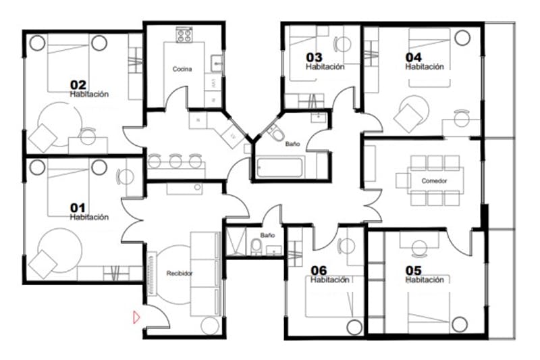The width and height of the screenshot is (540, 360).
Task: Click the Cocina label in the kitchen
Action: point(182,70)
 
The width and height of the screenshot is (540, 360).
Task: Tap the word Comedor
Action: point(433,181)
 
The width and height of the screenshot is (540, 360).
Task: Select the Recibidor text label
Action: point(180,273)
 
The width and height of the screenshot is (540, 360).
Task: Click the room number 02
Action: point(78,85)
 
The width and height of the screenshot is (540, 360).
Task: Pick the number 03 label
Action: point(314,57)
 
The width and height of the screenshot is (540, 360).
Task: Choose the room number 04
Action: point(413,57)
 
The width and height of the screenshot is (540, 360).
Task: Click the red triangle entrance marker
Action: point(136,315)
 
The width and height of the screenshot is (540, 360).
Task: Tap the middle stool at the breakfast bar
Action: point(175,161)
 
